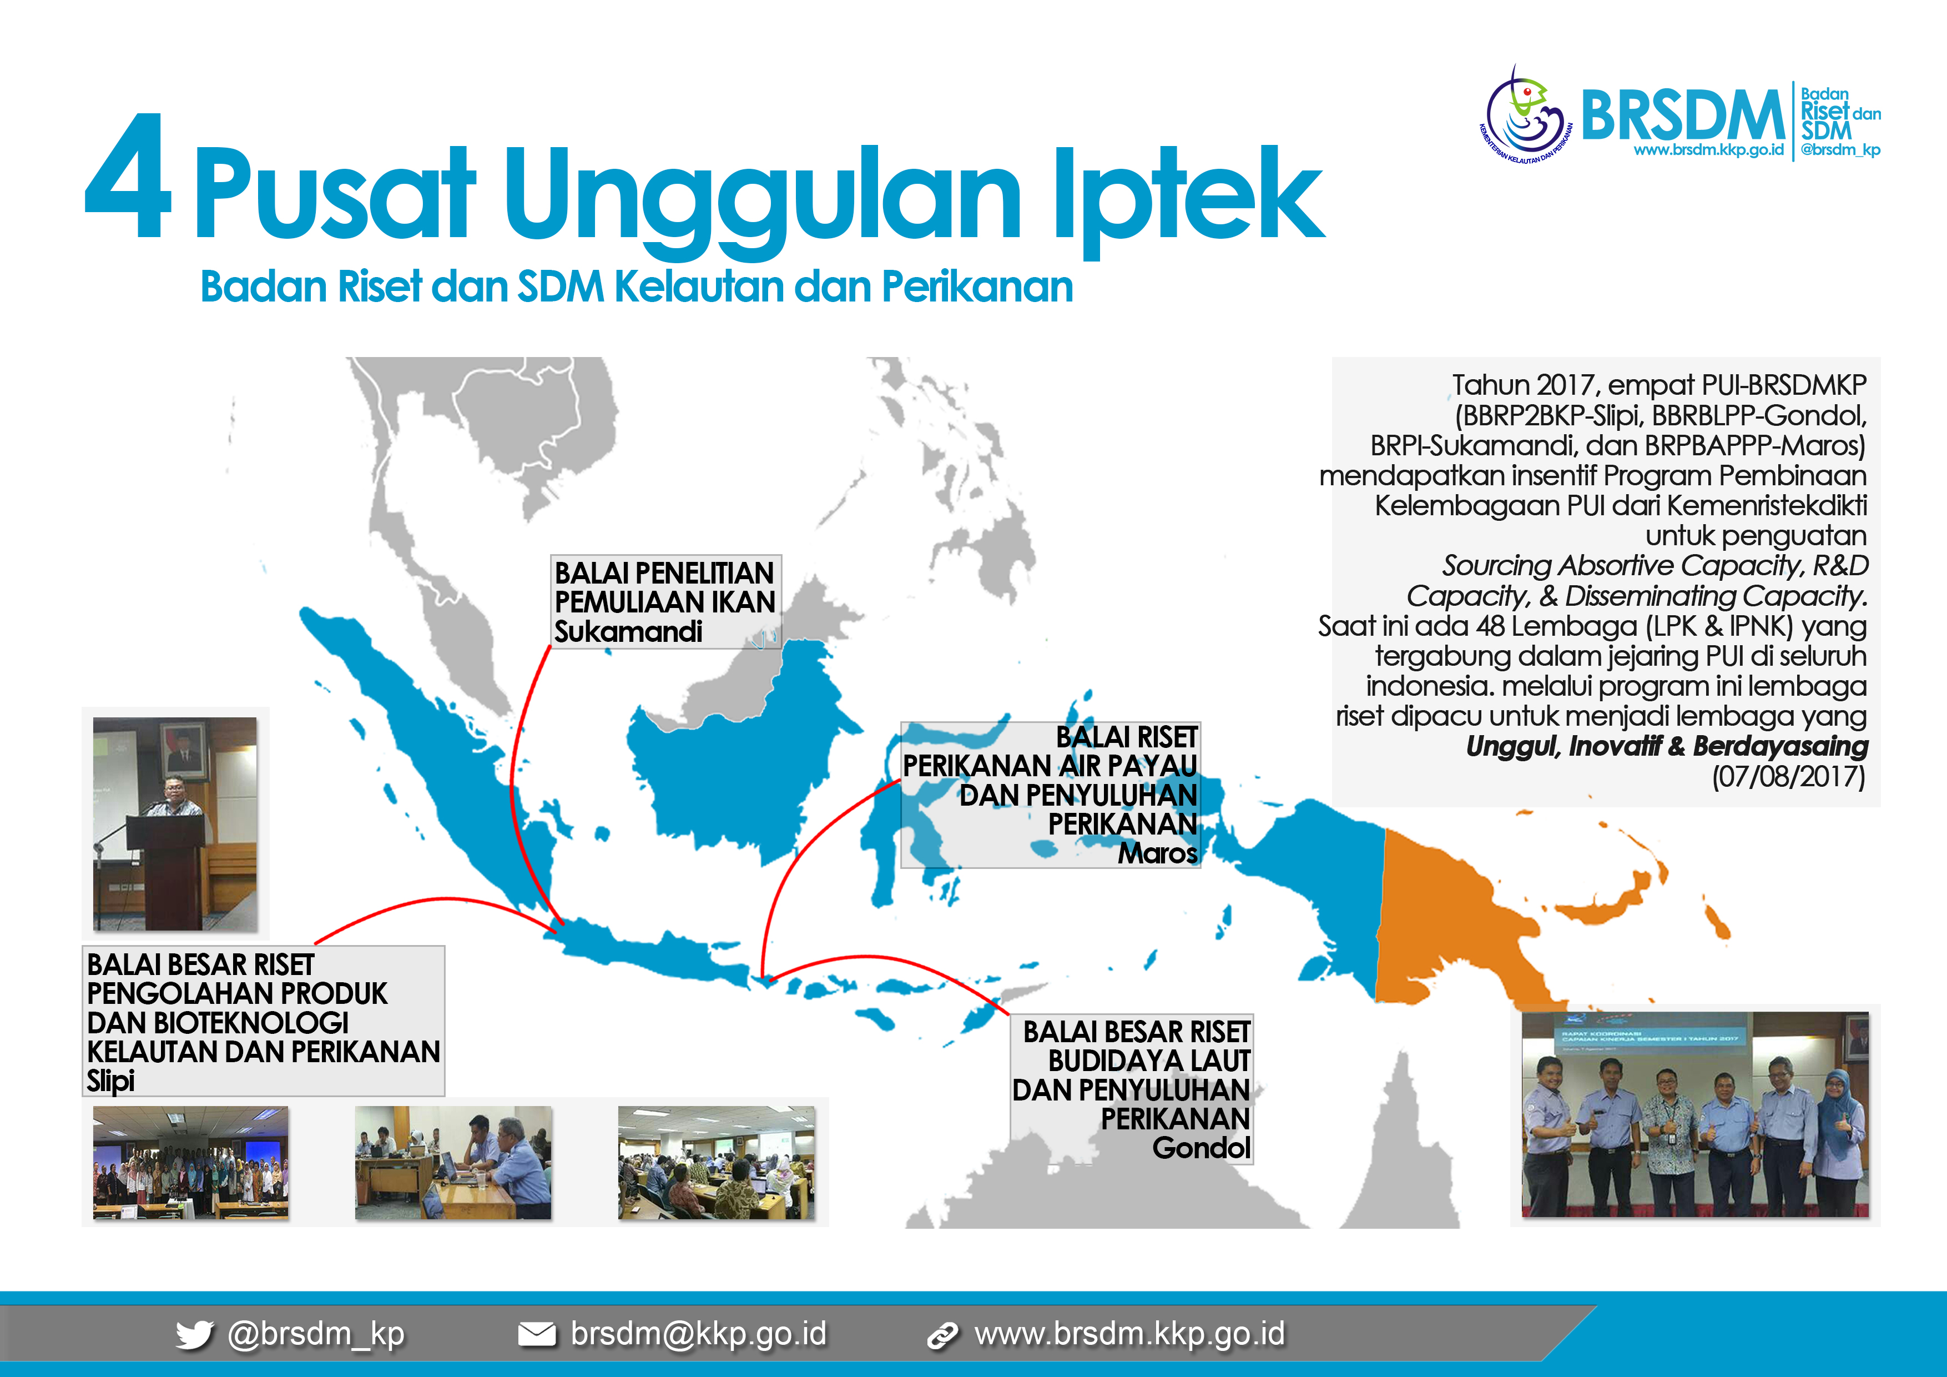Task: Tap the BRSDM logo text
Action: pos(1683,115)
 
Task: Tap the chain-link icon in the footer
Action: pos(942,1335)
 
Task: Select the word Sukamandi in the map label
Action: pos(628,632)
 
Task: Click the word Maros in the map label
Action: pos(1158,853)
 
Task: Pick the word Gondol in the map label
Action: pos(1202,1148)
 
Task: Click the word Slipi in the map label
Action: pos(110,1081)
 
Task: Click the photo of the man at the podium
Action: pos(175,824)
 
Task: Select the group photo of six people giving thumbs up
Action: pos(1695,1114)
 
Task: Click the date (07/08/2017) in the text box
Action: pos(1788,776)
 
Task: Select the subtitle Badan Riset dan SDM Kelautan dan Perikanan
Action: pos(637,287)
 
